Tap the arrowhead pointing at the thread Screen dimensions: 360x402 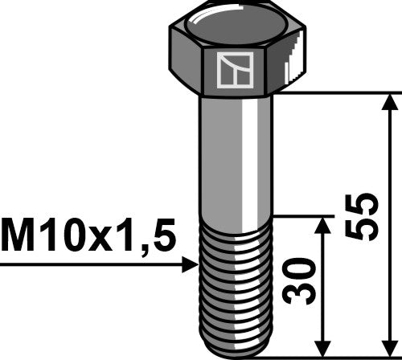click(191, 263)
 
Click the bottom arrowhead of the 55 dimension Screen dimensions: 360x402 click(391, 346)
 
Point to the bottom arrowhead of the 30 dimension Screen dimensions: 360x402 click(324, 346)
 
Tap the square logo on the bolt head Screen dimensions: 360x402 click(233, 69)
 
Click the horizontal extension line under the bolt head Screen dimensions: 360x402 click(338, 93)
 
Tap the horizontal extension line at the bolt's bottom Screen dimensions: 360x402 click(338, 355)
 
